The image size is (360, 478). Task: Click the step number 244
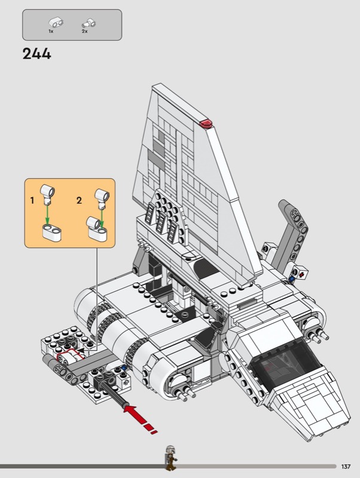click(x=36, y=54)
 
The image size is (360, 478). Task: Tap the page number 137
click(x=346, y=467)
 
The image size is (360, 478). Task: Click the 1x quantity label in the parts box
click(x=51, y=32)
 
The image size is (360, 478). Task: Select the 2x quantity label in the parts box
click(x=84, y=32)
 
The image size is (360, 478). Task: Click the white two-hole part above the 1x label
click(x=56, y=23)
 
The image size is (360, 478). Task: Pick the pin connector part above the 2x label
click(x=89, y=23)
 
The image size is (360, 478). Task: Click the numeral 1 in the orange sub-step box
click(x=32, y=201)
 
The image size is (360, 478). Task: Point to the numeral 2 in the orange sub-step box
click(x=79, y=201)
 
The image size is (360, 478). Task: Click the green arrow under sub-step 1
click(x=48, y=215)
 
